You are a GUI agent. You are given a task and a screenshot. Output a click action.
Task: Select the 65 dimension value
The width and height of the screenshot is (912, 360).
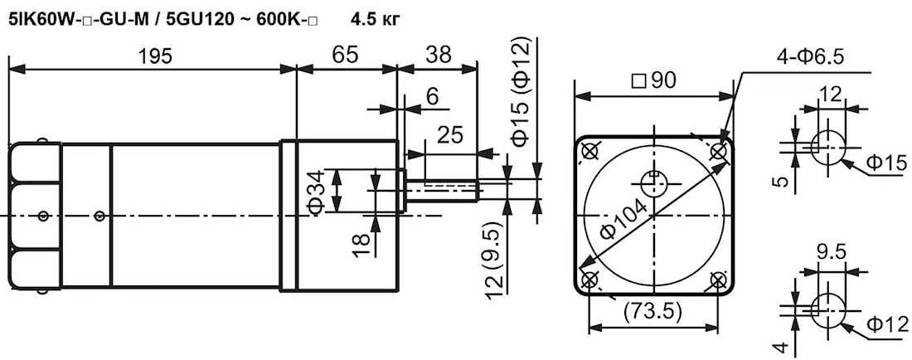click(345, 56)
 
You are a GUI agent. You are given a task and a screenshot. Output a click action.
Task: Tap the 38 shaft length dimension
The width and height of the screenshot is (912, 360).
click(438, 56)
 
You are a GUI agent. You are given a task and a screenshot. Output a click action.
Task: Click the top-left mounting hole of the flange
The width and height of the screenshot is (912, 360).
click(590, 152)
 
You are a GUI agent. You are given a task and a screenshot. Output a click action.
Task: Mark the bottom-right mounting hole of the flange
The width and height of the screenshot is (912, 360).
click(718, 280)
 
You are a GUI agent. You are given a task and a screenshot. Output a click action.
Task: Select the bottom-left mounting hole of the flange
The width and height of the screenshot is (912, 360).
click(590, 280)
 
